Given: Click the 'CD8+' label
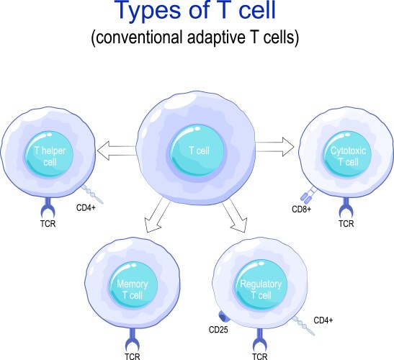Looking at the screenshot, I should tap(301, 210).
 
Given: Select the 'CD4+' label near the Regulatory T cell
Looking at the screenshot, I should tap(323, 320).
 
